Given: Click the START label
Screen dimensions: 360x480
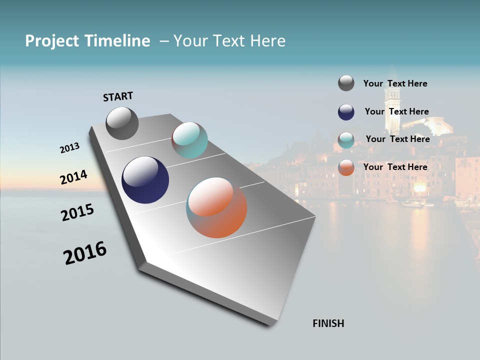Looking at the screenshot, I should [118, 96].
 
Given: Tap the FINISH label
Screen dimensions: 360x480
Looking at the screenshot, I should [328, 323].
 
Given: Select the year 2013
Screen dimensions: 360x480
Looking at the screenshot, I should [69, 148].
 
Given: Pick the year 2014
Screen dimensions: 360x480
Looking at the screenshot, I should [73, 177].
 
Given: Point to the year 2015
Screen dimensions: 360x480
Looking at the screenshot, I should [77, 212].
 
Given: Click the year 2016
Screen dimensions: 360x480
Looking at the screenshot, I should [85, 253].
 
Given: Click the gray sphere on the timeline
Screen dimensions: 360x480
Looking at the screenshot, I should [122, 123].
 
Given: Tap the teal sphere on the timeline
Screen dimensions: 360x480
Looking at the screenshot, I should [189, 140].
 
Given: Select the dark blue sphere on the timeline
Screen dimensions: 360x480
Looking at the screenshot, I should [145, 180].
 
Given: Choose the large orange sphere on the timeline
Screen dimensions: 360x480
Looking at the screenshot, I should [216, 207].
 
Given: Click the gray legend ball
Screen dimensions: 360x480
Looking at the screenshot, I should [346, 83].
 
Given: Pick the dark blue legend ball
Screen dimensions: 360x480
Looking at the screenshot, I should [346, 112].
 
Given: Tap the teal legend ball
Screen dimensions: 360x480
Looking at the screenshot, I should [346, 140].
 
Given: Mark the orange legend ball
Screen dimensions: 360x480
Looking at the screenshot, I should [346, 167].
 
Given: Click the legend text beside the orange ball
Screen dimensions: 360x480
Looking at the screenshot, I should [395, 167].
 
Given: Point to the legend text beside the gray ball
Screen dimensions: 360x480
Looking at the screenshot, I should [395, 83].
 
